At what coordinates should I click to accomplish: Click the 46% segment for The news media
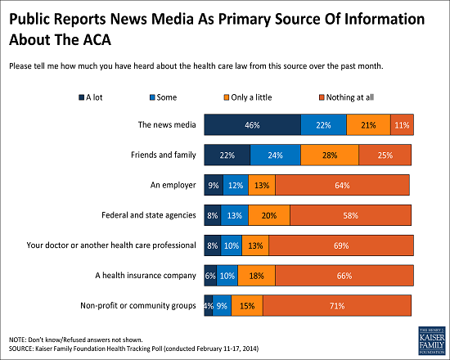pyautogui.click(x=253, y=124)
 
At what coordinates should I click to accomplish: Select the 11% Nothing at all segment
pyautogui.click(x=402, y=124)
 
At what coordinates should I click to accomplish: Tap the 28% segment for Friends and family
pyautogui.click(x=330, y=155)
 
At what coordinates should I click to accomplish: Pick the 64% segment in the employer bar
pyautogui.click(x=342, y=185)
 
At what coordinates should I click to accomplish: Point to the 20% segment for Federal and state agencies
pyautogui.click(x=269, y=215)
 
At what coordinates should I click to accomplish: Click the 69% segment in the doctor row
pyautogui.click(x=341, y=245)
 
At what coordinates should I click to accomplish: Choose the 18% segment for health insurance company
pyautogui.click(x=257, y=276)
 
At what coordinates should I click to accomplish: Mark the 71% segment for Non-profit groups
pyautogui.click(x=337, y=306)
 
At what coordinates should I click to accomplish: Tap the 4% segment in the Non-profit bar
pyautogui.click(x=209, y=306)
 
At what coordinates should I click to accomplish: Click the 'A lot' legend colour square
pyautogui.click(x=82, y=97)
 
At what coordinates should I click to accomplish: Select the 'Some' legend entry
pyautogui.click(x=163, y=97)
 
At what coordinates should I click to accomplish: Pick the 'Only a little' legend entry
pyautogui.click(x=248, y=97)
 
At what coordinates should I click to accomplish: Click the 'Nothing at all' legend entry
pyautogui.click(x=346, y=97)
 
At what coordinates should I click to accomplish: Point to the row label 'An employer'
pyautogui.click(x=173, y=185)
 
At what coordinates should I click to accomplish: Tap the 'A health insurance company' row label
pyautogui.click(x=146, y=276)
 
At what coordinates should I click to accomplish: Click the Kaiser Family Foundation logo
pyautogui.click(x=432, y=340)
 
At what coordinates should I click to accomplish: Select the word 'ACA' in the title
pyautogui.click(x=97, y=39)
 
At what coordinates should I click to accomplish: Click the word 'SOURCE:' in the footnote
pyautogui.click(x=21, y=349)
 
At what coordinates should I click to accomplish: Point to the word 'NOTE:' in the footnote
pyautogui.click(x=17, y=340)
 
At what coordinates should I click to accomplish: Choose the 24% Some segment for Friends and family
pyautogui.click(x=276, y=155)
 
